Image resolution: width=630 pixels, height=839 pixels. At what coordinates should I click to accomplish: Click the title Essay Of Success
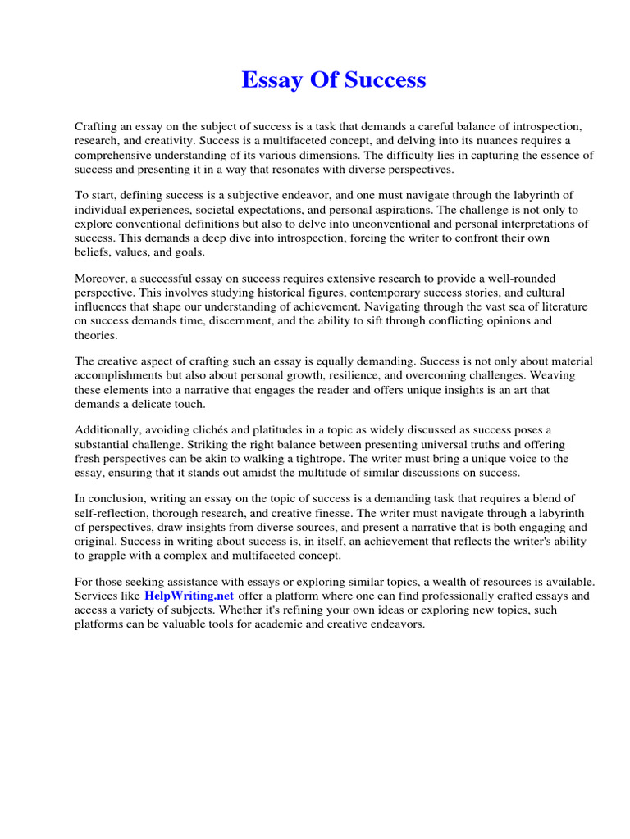[x=333, y=80]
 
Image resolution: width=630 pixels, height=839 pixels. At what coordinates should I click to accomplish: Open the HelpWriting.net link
[x=189, y=596]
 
